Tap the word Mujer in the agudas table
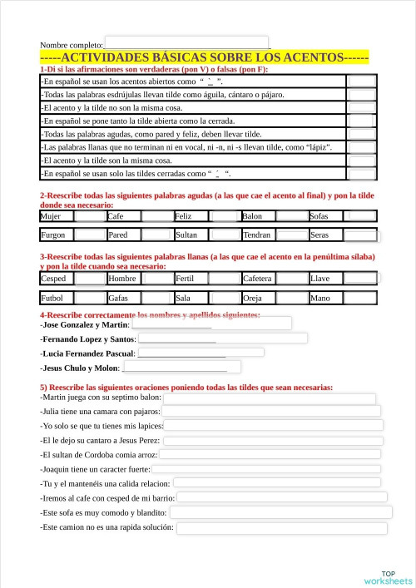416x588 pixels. coord(51,216)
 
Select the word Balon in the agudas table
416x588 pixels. coord(252,216)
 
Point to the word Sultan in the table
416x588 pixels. coord(187,235)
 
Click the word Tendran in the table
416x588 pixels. coord(257,235)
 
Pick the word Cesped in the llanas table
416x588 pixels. coord(53,279)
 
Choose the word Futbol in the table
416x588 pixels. coord(52,297)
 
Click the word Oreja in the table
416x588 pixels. coord(253,297)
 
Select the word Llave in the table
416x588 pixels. coord(319,279)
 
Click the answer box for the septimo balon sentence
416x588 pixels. coord(270,398)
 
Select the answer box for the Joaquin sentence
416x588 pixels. coord(266,469)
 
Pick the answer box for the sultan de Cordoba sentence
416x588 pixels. coord(270,455)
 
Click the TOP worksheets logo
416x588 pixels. coord(387,577)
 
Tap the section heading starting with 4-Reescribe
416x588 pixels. coord(150,315)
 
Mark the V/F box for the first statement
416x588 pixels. coord(361,82)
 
